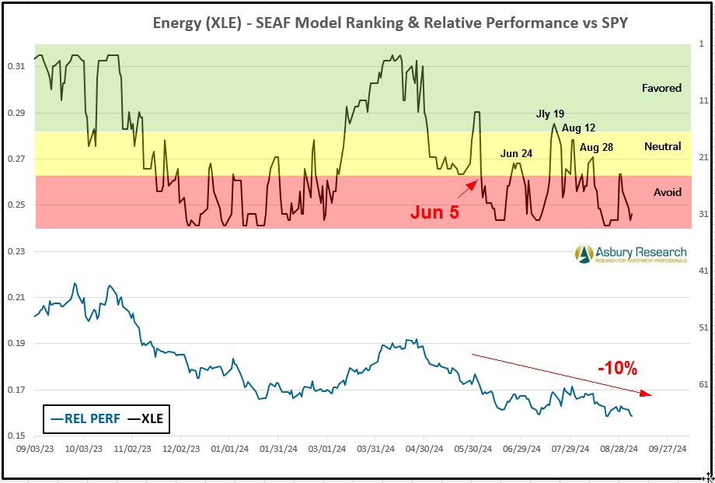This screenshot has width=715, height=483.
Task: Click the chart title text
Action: pyautogui.click(x=389, y=23)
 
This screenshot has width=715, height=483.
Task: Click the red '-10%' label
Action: pyautogui.click(x=618, y=368)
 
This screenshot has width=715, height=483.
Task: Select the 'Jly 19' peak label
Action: pyautogui.click(x=550, y=114)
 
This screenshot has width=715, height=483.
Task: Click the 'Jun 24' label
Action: pyautogui.click(x=516, y=153)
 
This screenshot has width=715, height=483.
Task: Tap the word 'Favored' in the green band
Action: pyautogui.click(x=661, y=88)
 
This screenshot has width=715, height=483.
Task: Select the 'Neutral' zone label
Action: pyautogui.click(x=662, y=146)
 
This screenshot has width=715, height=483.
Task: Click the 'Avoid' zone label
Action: pyautogui.click(x=667, y=192)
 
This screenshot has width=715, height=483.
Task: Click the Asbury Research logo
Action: pyautogui.click(x=630, y=254)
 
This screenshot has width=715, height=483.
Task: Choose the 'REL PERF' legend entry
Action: pyautogui.click(x=85, y=418)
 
